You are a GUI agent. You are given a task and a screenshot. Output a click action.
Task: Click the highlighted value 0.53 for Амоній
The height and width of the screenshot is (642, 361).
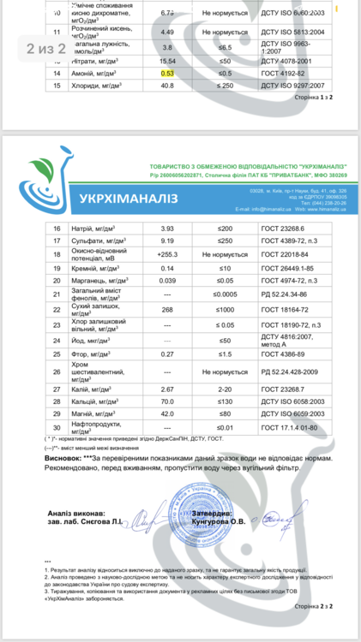(x=167, y=74)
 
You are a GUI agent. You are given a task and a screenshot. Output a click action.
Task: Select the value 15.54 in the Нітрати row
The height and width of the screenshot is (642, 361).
(x=167, y=61)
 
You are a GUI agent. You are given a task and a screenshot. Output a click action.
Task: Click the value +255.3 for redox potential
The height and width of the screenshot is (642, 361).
(x=167, y=255)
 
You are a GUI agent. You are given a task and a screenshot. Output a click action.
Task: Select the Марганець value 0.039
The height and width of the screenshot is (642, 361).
(x=167, y=280)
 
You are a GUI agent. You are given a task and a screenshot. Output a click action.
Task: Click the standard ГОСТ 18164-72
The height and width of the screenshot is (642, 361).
(x=286, y=309)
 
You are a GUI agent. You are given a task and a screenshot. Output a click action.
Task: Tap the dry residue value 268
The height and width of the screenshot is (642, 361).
(x=167, y=309)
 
